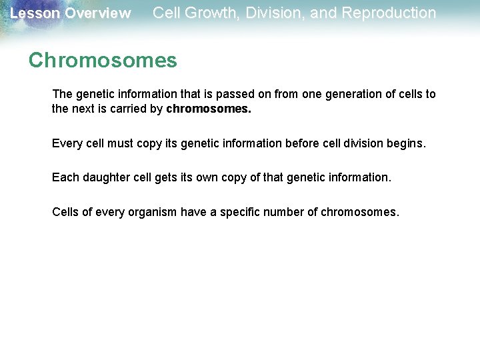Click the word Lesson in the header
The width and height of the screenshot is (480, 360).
[31, 13]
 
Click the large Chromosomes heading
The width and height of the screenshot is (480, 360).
[103, 61]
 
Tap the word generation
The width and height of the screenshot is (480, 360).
[352, 94]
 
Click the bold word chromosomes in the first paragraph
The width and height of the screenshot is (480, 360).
[209, 109]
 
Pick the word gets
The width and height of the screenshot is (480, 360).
[165, 177]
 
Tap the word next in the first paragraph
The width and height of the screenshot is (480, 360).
[82, 109]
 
